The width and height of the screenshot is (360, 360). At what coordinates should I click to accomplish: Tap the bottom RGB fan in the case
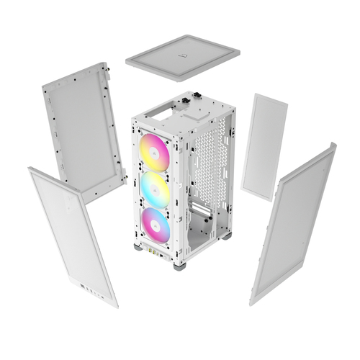[156, 226]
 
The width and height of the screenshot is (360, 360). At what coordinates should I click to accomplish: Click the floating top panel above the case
[182, 57]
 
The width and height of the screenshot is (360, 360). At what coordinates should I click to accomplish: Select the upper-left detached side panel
[83, 130]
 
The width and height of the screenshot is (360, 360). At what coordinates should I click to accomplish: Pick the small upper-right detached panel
[264, 146]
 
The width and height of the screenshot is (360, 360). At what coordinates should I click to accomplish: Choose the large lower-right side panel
[294, 223]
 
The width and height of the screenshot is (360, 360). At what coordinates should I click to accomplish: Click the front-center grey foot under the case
[179, 265]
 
